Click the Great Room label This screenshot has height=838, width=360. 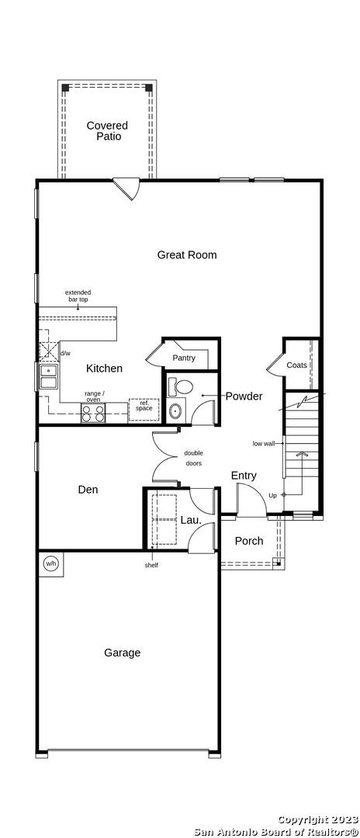pyautogui.click(x=187, y=255)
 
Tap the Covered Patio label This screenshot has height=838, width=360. pyautogui.click(x=107, y=131)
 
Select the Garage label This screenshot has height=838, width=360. pyautogui.click(x=123, y=653)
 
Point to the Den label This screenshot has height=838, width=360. pyautogui.click(x=88, y=489)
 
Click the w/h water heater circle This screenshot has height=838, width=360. pyautogui.click(x=50, y=563)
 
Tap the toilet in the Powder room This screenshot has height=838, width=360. pyautogui.click(x=181, y=386)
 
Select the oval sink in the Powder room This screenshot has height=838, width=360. pyautogui.click(x=175, y=410)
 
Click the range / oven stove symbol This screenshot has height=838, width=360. pyautogui.click(x=94, y=413)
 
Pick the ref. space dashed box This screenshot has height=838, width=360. pyautogui.click(x=144, y=410)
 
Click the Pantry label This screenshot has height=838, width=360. pyautogui.click(x=184, y=358)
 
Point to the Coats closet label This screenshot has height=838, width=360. pyautogui.click(x=297, y=365)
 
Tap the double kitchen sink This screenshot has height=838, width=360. pyautogui.click(x=49, y=376)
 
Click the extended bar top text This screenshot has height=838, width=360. pyautogui.click(x=78, y=296)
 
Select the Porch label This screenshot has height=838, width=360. pyautogui.click(x=249, y=541)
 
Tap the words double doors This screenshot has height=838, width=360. pyautogui.click(x=193, y=458)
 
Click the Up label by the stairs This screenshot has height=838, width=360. pyautogui.click(x=272, y=495)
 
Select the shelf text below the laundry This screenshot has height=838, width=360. pyautogui.click(x=151, y=565)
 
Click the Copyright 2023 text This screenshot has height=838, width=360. pyautogui.click(x=318, y=819)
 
